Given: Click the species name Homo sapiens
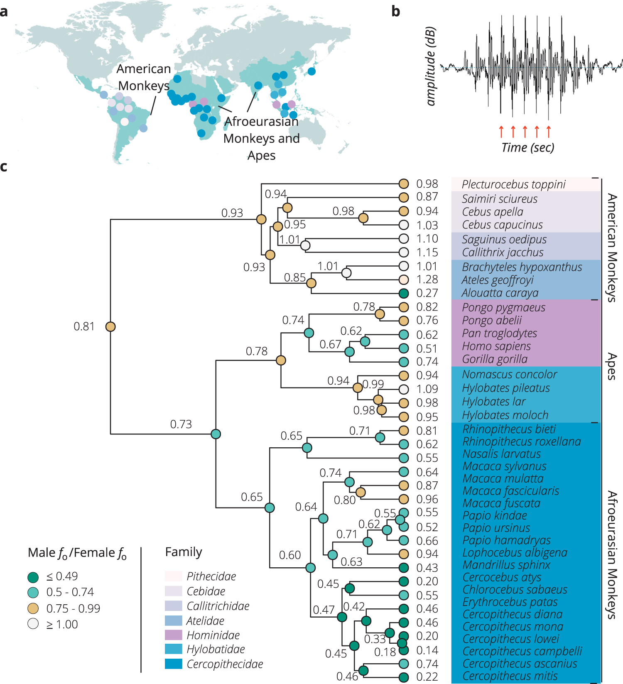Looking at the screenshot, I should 496,346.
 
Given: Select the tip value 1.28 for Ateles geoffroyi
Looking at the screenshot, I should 427,279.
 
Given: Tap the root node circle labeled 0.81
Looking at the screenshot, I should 110,327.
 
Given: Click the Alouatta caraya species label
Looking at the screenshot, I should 500,293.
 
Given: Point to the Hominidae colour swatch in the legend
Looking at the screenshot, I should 173,635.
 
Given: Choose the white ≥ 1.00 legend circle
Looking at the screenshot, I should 33,624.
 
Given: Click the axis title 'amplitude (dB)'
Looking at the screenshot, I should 431,66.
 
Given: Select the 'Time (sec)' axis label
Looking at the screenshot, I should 527,147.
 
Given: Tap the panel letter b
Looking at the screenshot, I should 395,12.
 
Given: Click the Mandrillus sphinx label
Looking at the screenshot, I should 506,565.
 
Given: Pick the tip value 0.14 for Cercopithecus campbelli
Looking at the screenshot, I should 427,650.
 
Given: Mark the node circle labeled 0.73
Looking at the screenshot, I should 216,434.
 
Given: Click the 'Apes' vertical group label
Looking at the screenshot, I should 611,366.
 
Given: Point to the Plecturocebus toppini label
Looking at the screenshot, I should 513,184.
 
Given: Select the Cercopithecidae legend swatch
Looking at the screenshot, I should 173,664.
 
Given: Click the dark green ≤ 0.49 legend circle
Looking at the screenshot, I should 33,577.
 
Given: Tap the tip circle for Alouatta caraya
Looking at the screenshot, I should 404,293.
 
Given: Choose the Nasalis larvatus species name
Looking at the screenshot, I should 501,454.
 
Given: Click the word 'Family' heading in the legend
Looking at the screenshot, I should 184,552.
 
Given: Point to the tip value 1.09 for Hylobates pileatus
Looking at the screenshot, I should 427,389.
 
